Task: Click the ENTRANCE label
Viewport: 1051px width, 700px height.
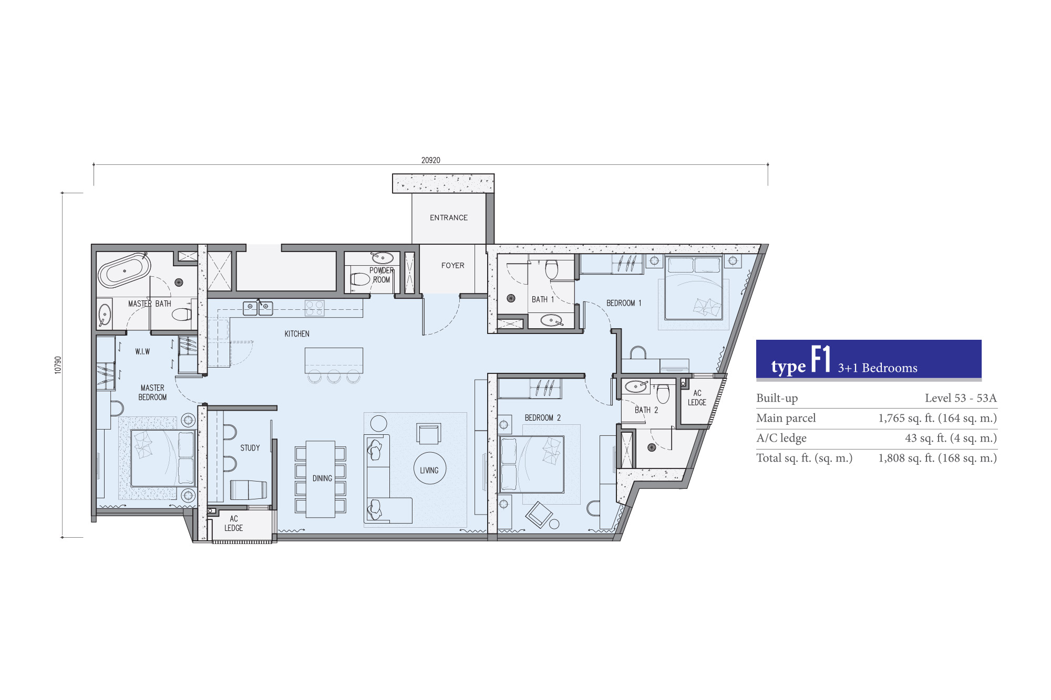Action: pyautogui.click(x=449, y=217)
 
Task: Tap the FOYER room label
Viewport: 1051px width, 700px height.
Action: pyautogui.click(x=453, y=266)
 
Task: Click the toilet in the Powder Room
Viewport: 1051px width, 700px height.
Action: pyautogui.click(x=360, y=279)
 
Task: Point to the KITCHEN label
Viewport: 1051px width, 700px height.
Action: pyautogui.click(x=297, y=334)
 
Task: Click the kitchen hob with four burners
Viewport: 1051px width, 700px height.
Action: pyautogui.click(x=315, y=308)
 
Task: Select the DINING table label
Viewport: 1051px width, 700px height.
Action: pyautogui.click(x=322, y=478)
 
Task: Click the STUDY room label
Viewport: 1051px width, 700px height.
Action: pyautogui.click(x=250, y=448)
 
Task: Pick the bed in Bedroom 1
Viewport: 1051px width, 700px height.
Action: pyautogui.click(x=694, y=288)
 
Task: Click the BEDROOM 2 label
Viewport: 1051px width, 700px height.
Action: pyautogui.click(x=543, y=418)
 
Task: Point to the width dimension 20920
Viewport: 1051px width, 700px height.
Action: pyautogui.click(x=431, y=160)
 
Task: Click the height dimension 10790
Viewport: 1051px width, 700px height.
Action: pyautogui.click(x=58, y=365)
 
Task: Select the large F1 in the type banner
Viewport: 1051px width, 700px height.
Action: pyautogui.click(x=821, y=359)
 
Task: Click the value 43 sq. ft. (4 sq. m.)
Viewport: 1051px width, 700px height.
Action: pyautogui.click(x=951, y=438)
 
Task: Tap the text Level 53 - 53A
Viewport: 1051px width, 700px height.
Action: pyautogui.click(x=961, y=398)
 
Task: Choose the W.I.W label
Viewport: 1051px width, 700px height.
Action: pyautogui.click(x=142, y=352)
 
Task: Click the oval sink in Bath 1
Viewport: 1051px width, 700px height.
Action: pyautogui.click(x=551, y=320)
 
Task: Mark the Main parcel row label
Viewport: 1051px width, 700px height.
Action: pyautogui.click(x=786, y=418)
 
